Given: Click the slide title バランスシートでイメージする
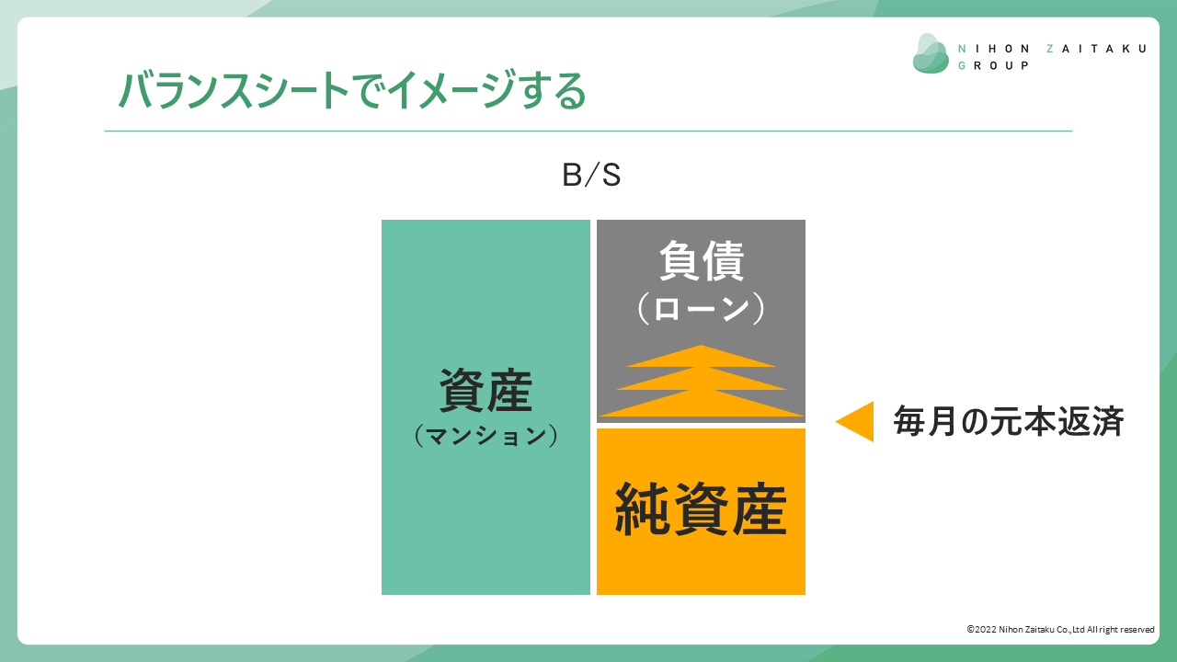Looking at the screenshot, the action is click(x=352, y=90).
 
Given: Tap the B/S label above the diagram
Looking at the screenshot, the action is click(x=591, y=175).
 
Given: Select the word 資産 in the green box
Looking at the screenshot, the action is click(x=486, y=390).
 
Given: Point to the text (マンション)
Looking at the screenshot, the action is click(x=486, y=436).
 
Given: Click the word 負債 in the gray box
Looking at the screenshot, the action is click(x=702, y=260).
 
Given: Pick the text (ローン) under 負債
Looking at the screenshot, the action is click(x=701, y=308).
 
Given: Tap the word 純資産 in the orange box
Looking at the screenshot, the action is click(x=701, y=509).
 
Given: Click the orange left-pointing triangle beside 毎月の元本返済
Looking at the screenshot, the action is click(x=855, y=421).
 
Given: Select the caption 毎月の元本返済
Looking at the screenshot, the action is click(x=1009, y=421).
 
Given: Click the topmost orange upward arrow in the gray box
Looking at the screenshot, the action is click(x=701, y=356).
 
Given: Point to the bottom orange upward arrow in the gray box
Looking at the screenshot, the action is click(x=701, y=404).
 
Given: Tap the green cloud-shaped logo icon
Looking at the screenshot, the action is click(x=931, y=53).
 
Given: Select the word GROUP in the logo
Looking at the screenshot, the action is click(x=993, y=65).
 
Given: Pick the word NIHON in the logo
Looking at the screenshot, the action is click(x=994, y=49).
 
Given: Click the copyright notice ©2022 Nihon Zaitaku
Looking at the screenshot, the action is click(x=1060, y=630).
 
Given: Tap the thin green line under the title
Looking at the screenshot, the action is click(x=588, y=131).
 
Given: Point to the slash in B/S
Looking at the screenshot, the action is click(x=592, y=175).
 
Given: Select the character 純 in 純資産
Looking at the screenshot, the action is click(x=643, y=509).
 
